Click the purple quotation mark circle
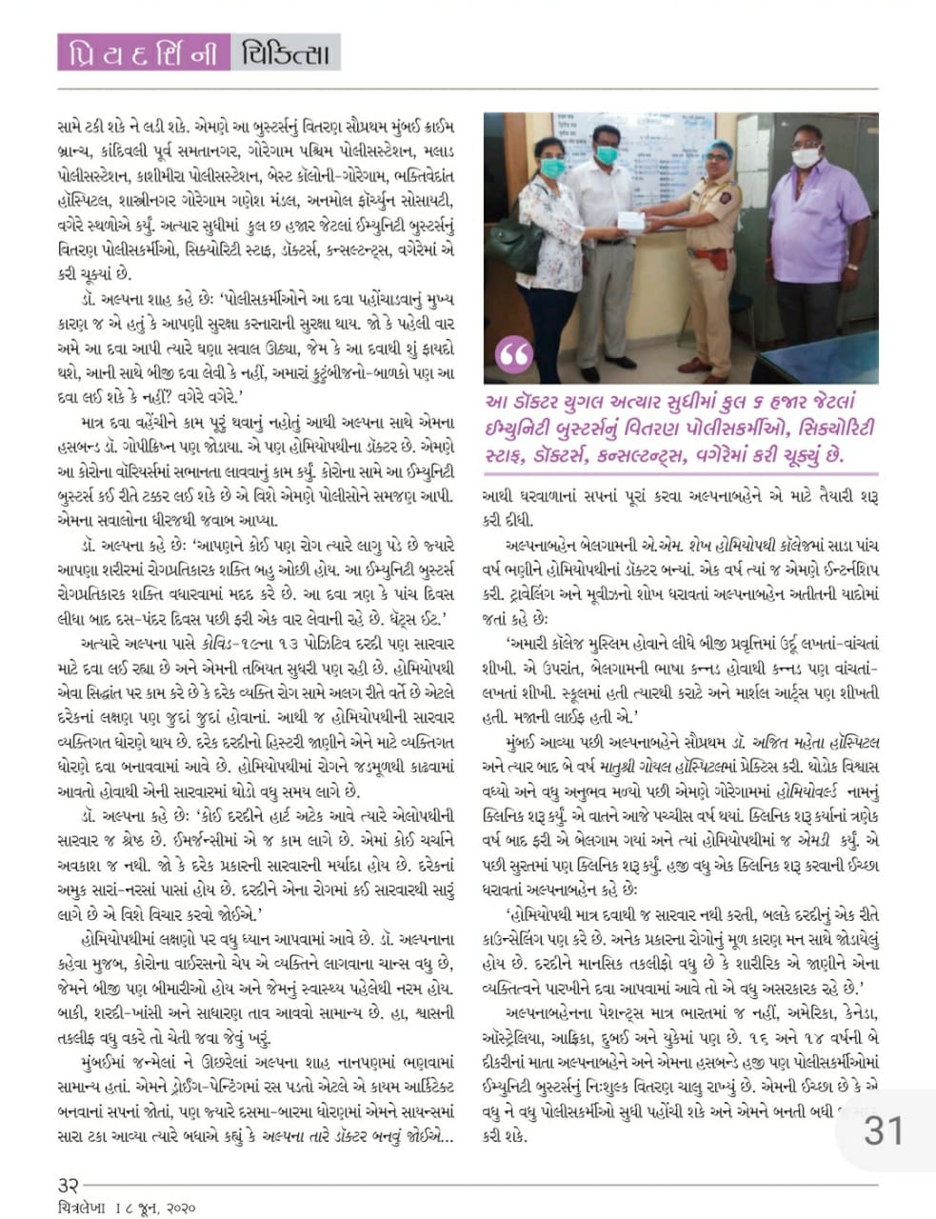point(515,354)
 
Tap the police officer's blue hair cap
point(717,149)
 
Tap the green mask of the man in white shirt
point(606,153)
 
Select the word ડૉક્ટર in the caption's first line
point(556,401)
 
